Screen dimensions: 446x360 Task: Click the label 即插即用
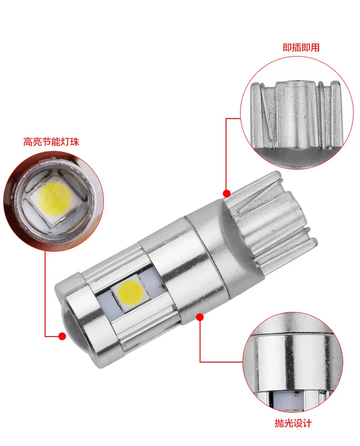point(301,47)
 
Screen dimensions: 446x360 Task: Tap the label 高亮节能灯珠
point(51,142)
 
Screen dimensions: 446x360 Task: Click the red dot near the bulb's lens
point(62,336)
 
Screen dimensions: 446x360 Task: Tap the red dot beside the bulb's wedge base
point(226,193)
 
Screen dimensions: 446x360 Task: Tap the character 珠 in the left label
point(74,142)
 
